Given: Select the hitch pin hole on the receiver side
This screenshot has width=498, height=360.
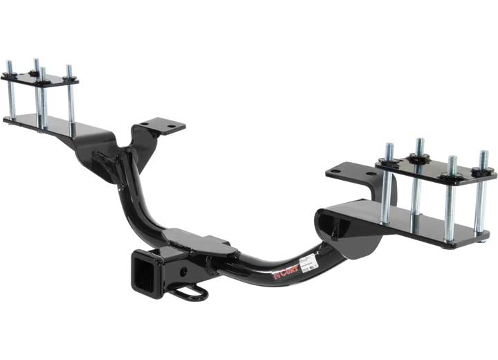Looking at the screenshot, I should pos(183,263).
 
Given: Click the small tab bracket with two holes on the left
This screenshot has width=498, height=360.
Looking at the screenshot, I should pos(161,127).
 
